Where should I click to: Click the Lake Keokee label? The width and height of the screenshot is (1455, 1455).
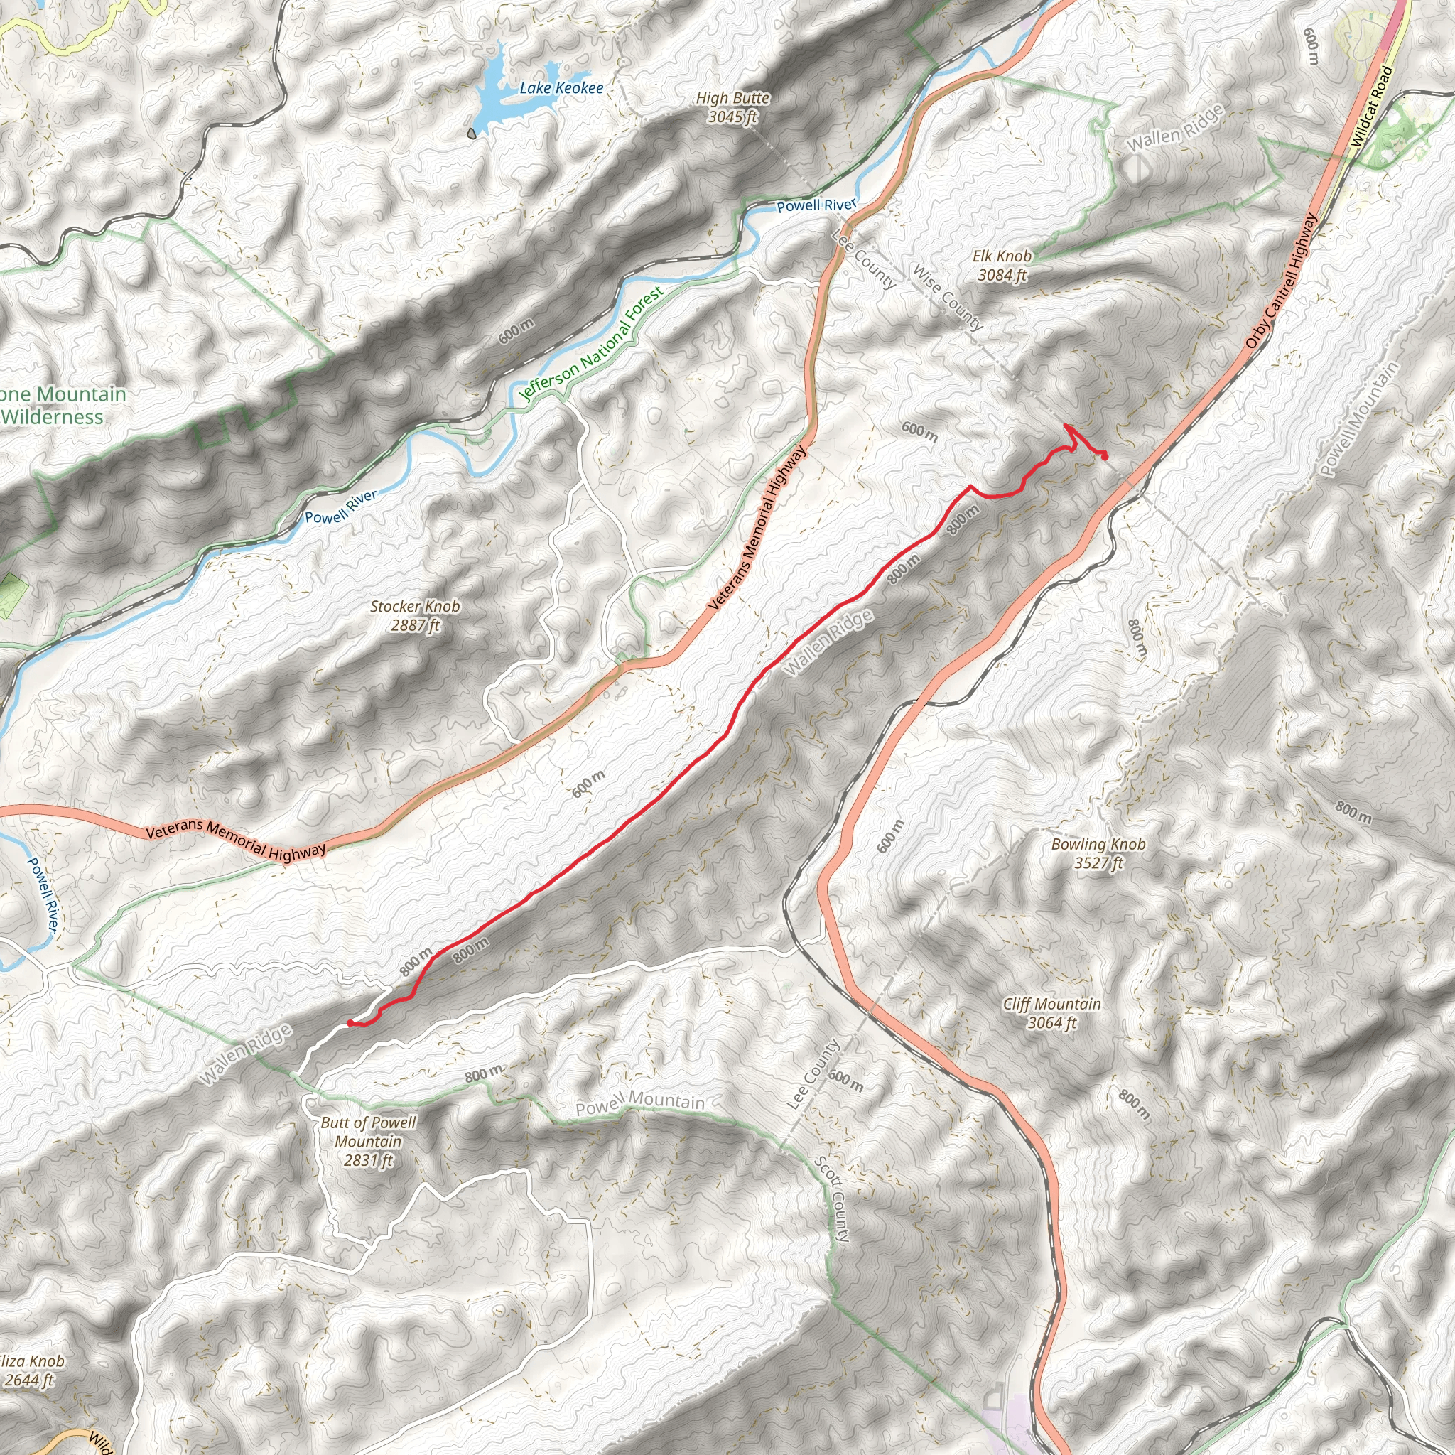coord(561,88)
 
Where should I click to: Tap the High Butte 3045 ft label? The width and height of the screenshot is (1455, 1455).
coord(732,107)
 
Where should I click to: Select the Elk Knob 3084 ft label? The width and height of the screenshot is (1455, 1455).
coord(1002,266)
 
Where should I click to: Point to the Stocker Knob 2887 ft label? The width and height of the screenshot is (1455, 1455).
coord(415,615)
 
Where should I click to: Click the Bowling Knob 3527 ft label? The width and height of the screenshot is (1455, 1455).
coord(1098,853)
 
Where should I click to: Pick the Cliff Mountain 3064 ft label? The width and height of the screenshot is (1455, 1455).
coord(1051,1013)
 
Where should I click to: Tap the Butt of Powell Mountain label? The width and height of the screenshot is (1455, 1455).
coord(368,1141)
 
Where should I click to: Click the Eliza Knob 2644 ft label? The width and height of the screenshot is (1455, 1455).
coord(31,1370)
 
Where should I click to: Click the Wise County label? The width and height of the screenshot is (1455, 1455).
coord(948,298)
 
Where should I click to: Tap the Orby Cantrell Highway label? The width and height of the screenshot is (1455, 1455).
coord(1280,280)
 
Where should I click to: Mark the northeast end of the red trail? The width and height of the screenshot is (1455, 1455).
coord(1104,456)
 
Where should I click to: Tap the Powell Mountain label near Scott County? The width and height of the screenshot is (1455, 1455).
coord(640,1103)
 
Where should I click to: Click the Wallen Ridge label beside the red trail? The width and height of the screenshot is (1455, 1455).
coord(828,642)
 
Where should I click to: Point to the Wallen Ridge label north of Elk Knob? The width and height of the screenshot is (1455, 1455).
coord(1175,129)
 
